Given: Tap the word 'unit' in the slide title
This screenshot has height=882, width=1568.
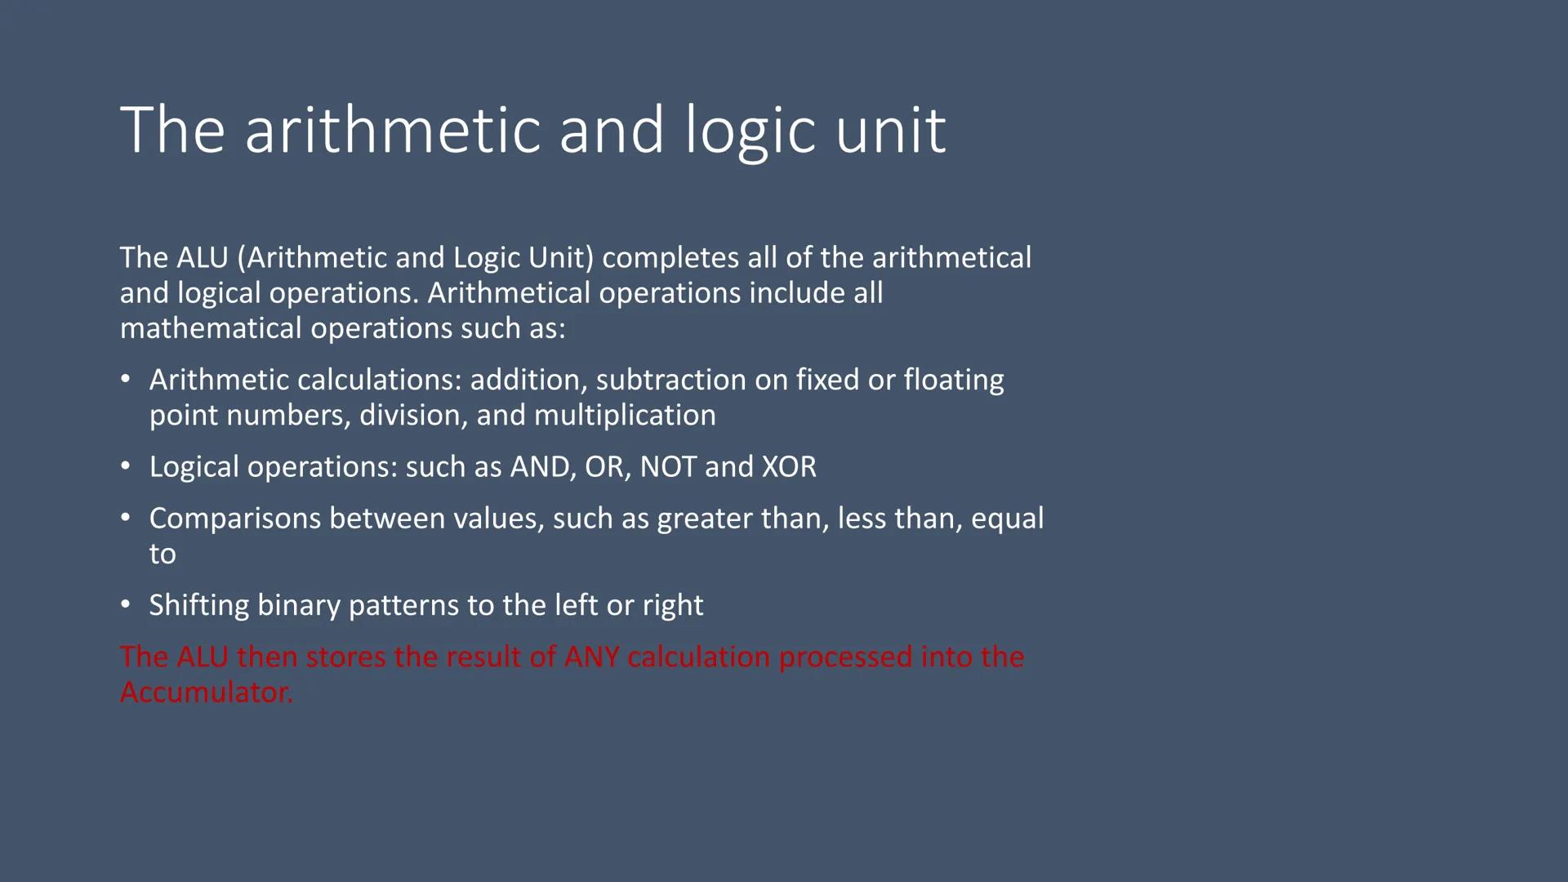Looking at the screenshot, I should [x=891, y=131].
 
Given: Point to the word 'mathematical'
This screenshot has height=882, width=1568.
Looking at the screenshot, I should [x=211, y=328].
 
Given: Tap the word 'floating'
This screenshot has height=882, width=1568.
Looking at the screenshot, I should [x=953, y=380].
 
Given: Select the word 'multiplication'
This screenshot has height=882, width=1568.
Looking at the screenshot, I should [x=625, y=415].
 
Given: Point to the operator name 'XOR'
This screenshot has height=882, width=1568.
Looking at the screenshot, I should [x=788, y=467].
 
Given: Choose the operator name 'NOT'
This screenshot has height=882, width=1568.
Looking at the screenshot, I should [x=668, y=467].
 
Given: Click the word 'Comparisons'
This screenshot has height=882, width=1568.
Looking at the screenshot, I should [x=234, y=519].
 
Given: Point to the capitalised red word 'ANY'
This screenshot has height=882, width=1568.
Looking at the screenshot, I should [x=591, y=657].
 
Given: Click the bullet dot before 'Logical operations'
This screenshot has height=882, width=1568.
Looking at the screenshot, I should [x=125, y=466].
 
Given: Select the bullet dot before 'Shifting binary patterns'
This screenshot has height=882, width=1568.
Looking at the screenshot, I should [x=125, y=604].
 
